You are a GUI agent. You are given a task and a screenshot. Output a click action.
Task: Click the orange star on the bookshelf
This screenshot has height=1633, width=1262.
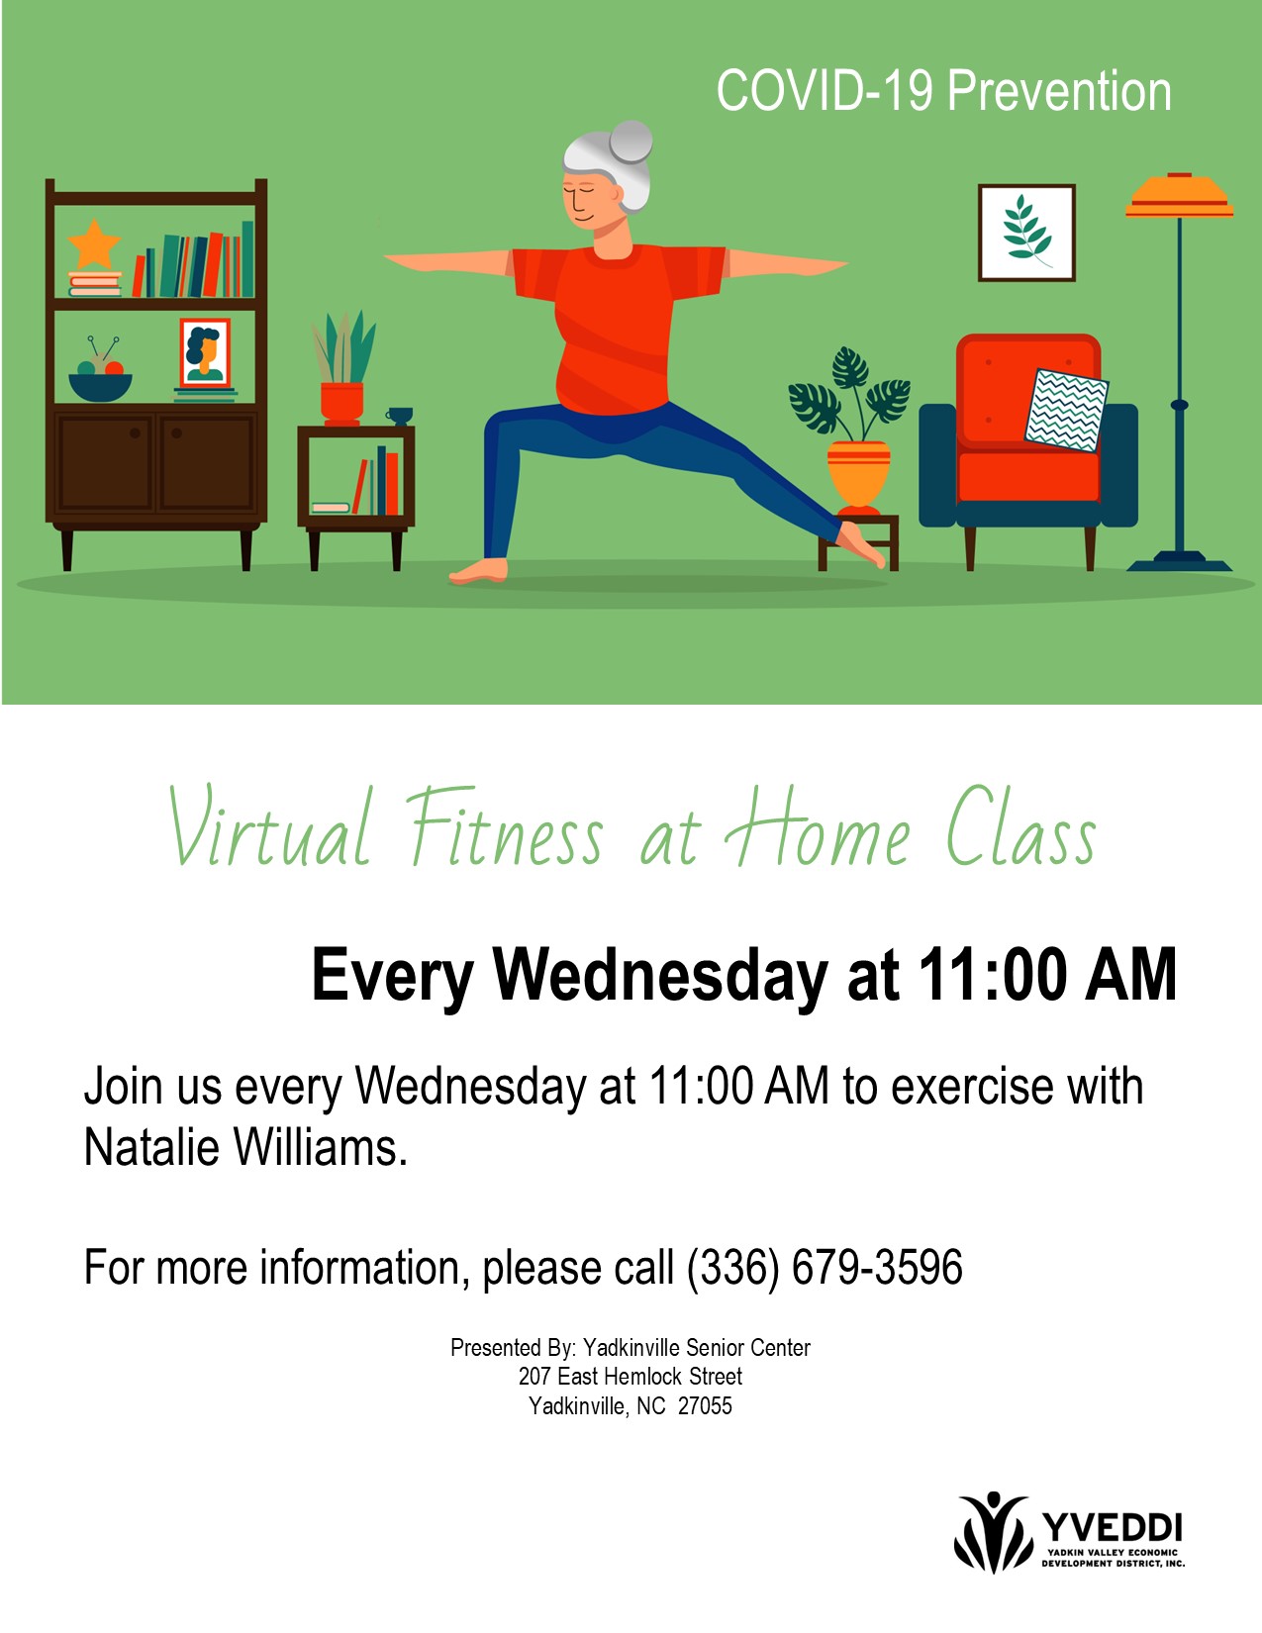[94, 244]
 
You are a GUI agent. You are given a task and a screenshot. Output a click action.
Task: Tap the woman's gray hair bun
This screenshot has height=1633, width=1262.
[631, 142]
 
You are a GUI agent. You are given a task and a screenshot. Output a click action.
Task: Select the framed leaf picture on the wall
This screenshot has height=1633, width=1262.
[1026, 233]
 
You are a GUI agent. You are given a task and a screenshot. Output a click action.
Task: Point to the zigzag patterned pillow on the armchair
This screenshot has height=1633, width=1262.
[1066, 411]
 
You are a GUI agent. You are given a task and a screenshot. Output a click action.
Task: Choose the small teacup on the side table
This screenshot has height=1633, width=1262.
[399, 416]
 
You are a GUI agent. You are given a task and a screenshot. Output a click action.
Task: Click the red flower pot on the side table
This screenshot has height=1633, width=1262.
[342, 403]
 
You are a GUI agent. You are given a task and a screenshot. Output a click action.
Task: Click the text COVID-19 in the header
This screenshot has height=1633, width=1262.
[825, 91]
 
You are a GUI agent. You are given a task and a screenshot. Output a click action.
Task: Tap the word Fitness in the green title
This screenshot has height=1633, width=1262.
[505, 825]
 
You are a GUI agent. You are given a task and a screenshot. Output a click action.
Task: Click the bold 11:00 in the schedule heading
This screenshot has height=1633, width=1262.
[992, 975]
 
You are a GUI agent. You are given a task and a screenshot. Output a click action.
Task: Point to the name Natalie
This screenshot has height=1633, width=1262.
[151, 1147]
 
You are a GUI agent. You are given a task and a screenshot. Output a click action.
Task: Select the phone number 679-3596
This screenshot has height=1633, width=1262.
[877, 1267]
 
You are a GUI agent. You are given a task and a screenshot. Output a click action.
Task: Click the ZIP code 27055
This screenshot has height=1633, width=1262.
[705, 1406]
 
